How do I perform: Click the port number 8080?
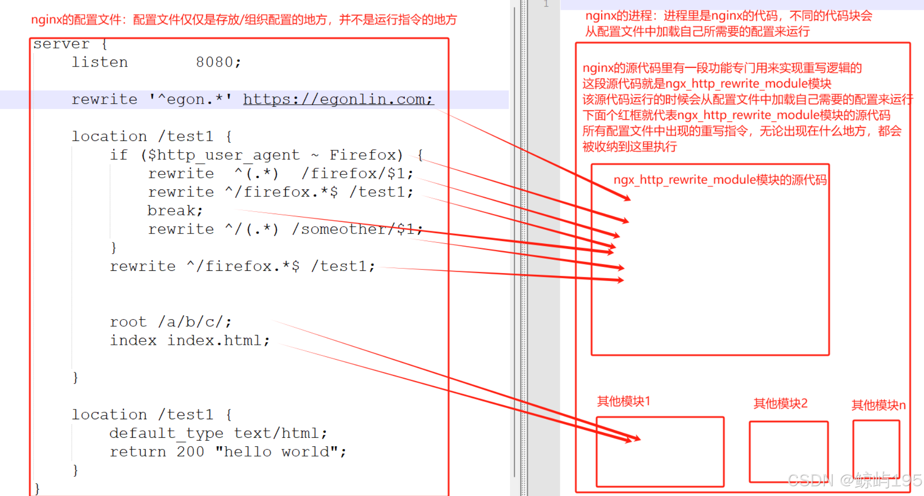pyautogui.click(x=217, y=62)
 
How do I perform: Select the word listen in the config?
pyautogui.click(x=100, y=62)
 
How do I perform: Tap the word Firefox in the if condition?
pyautogui.click(x=366, y=155)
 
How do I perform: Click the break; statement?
pyautogui.click(x=175, y=211)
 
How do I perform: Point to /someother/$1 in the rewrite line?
pyautogui.click(x=357, y=229)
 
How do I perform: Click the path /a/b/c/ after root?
pyautogui.click(x=194, y=322)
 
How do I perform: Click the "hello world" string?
pyautogui.click(x=280, y=452)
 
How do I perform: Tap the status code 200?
pyautogui.click(x=190, y=452)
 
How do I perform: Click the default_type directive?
pyautogui.click(x=166, y=433)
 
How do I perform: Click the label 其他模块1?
pyautogui.click(x=623, y=401)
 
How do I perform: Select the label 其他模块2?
pyautogui.click(x=780, y=403)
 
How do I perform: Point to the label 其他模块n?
pyautogui.click(x=878, y=405)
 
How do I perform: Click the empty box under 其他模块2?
pyautogui.click(x=788, y=451)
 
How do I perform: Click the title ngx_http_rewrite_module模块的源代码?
pyautogui.click(x=720, y=180)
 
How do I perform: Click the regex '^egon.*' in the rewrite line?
pyautogui.click(x=190, y=99)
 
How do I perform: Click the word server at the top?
pyautogui.click(x=61, y=44)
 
